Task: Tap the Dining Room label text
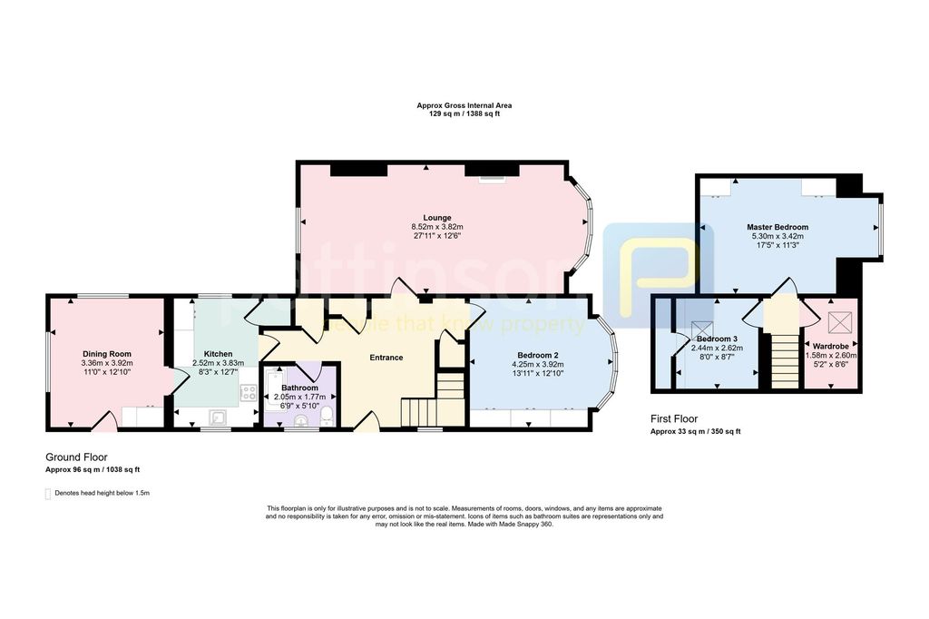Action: pyautogui.click(x=107, y=354)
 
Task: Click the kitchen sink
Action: pyautogui.click(x=219, y=417)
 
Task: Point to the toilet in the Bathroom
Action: pyautogui.click(x=328, y=414)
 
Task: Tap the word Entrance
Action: pyautogui.click(x=386, y=358)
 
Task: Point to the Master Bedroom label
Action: pyautogui.click(x=777, y=227)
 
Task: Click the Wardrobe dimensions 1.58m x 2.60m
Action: pyautogui.click(x=831, y=356)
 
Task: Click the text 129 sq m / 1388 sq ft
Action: pyautogui.click(x=464, y=113)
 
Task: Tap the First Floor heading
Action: pyautogui.click(x=674, y=419)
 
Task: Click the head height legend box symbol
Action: pyautogui.click(x=49, y=494)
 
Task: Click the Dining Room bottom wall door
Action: pyautogui.click(x=107, y=420)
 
